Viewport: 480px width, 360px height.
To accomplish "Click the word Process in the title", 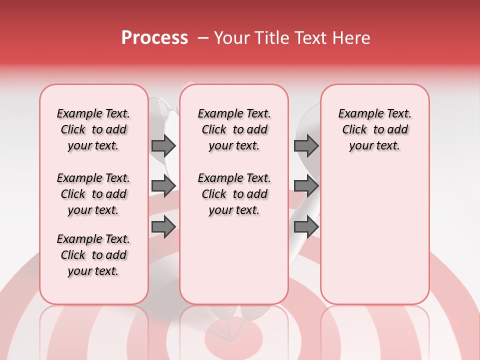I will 154,38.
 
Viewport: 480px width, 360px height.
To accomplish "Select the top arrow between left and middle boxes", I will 163,145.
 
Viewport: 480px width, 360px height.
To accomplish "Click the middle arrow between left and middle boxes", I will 163,186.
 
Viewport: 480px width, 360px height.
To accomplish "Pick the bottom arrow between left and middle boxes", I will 163,226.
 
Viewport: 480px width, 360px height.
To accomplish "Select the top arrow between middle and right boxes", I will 306,145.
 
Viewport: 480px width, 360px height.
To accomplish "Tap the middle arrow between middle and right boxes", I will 306,186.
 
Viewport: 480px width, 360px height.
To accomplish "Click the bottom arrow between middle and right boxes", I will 306,226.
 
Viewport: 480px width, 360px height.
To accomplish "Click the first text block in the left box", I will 93,129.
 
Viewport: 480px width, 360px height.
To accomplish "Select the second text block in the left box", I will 93,194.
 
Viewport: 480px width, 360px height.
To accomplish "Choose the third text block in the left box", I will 93,255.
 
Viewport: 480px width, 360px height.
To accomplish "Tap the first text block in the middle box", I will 234,129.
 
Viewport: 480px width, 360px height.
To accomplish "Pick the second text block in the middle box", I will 234,194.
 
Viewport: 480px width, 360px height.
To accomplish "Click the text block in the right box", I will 374,129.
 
